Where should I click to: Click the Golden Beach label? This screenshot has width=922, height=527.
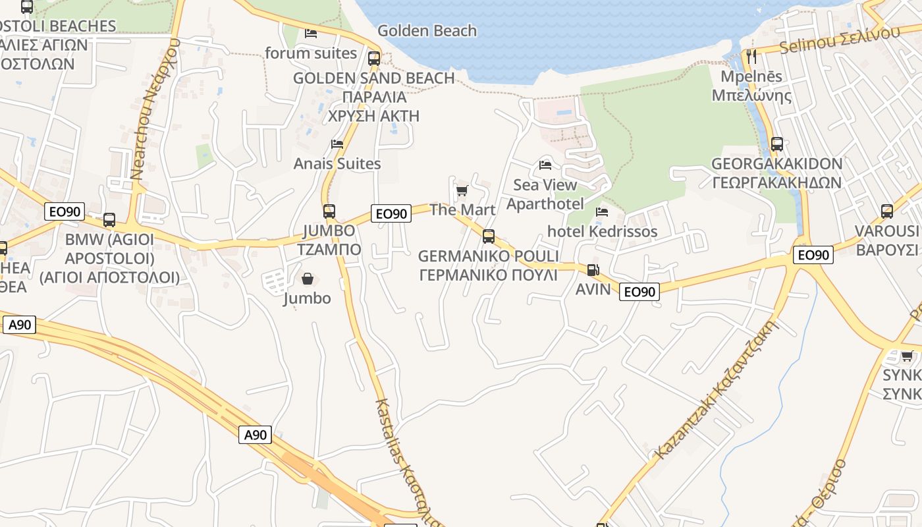(x=427, y=30)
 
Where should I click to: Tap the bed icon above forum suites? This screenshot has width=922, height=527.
(x=311, y=33)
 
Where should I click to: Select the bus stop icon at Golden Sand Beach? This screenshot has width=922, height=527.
(x=374, y=58)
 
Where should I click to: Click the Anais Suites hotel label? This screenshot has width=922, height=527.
(x=337, y=163)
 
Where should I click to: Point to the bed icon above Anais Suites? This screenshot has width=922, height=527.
(x=337, y=144)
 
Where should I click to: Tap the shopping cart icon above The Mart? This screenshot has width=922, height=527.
(x=462, y=191)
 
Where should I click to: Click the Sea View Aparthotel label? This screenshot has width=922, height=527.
(x=545, y=194)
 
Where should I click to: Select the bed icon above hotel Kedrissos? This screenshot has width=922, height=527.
(x=602, y=212)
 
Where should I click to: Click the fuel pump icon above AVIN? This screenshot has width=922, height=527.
(x=593, y=269)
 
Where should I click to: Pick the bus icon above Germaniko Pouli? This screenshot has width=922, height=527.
(x=488, y=236)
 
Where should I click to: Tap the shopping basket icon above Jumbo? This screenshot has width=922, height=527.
(x=307, y=279)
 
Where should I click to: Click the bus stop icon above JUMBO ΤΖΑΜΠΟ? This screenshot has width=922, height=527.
(x=329, y=211)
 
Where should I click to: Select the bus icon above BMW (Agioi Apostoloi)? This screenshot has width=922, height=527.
(x=109, y=219)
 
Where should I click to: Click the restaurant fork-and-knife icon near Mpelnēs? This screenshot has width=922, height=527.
(x=751, y=56)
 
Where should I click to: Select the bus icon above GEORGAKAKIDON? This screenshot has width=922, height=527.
(x=777, y=144)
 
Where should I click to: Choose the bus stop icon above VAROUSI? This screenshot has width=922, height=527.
(x=886, y=211)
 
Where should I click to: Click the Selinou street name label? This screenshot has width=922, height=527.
(x=839, y=40)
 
